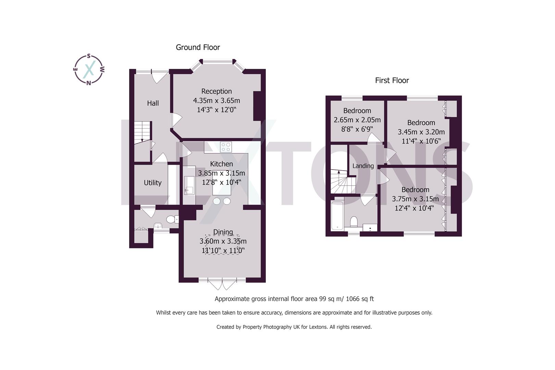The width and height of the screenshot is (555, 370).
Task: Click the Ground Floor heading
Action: (198, 47)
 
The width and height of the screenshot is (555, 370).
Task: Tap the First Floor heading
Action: (392, 81)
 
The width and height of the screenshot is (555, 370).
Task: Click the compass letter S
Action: (89, 56)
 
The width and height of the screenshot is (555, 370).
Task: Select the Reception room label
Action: (217, 91)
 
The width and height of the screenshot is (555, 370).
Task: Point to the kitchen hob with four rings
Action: (226, 147)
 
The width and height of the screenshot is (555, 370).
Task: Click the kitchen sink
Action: (189, 185)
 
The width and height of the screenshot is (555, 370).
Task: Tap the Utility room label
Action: (152, 183)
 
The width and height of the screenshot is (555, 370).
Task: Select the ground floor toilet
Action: (172, 219)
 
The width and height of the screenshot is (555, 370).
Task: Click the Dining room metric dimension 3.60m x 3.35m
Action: (223, 241)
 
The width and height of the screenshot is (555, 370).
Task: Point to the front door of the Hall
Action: (160, 76)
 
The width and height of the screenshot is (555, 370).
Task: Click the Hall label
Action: (153, 103)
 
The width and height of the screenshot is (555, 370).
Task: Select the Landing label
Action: (363, 166)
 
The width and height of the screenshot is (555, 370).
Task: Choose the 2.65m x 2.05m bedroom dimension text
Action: (357, 120)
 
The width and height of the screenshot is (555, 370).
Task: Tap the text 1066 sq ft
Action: (360, 299)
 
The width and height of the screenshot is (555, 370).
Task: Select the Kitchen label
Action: (221, 164)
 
